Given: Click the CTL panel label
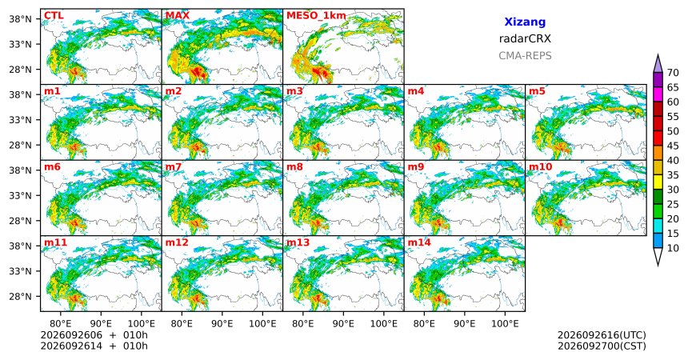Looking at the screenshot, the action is [54, 16].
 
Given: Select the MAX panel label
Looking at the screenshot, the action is [178, 16].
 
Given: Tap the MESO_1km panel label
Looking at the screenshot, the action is [316, 16].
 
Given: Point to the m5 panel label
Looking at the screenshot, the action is [537, 91].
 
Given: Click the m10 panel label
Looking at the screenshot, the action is [540, 167].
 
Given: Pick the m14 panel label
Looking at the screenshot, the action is [419, 242].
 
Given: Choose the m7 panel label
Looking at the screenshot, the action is [174, 167].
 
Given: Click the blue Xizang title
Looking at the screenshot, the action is [525, 22].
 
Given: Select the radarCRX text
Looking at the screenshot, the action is [525, 38].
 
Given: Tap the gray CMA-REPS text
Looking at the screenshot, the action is [525, 56].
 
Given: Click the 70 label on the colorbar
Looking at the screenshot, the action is [673, 73].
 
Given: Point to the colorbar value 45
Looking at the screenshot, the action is [673, 146].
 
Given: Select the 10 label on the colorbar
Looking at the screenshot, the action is [673, 248].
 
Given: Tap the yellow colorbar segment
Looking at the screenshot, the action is [658, 182].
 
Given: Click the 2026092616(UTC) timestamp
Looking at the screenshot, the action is [602, 335].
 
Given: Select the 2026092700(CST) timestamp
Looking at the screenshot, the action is [602, 346].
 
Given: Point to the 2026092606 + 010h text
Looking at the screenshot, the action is [94, 335].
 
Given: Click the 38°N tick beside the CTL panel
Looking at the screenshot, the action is [20, 19].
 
